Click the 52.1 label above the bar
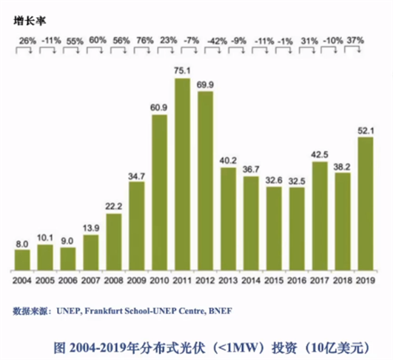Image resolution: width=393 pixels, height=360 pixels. coord(365,131)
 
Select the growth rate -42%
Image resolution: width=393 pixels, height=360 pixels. coord(217,39)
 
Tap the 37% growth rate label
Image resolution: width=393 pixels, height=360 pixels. coord(355,39)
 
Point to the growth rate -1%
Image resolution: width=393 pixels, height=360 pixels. coord(286,39)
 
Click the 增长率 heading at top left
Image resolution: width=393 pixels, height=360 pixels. coord(27,21)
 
